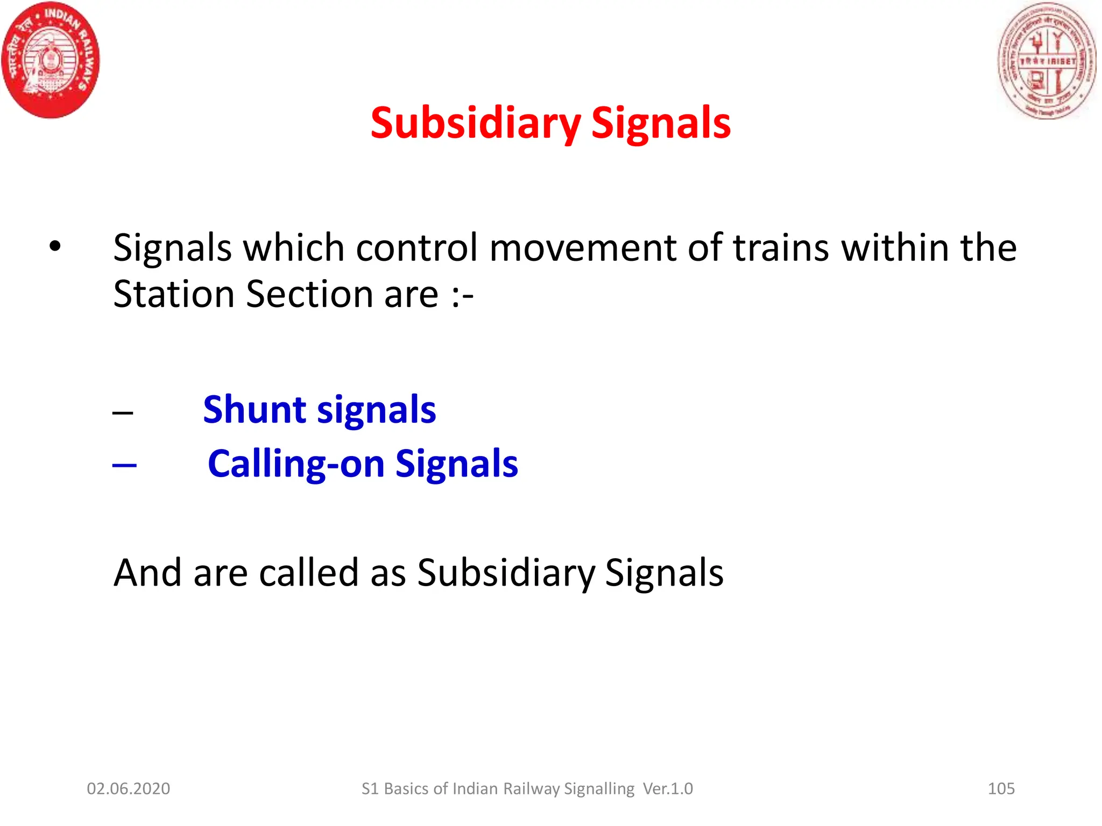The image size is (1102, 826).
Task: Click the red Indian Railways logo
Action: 51,60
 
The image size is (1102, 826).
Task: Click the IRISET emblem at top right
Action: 1047,61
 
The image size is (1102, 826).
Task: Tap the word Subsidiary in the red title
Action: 476,123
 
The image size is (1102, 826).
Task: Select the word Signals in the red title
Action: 661,123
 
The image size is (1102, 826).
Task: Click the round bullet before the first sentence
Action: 55,246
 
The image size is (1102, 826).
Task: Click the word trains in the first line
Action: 781,248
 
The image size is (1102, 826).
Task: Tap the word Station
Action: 174,294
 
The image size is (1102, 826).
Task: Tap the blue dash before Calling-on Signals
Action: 124,465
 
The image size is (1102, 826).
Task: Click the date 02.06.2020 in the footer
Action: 129,789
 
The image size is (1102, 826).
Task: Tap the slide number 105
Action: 1001,789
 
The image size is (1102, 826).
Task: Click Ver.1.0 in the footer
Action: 668,789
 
